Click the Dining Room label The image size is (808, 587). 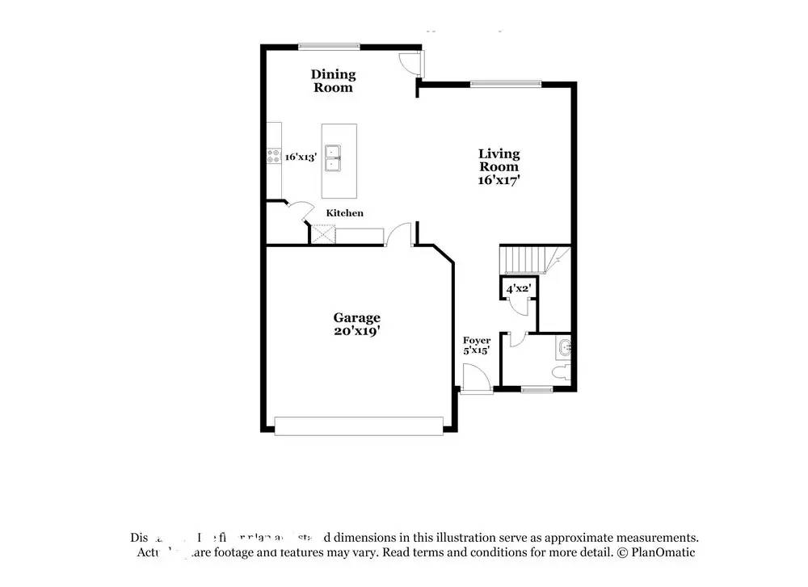(x=333, y=81)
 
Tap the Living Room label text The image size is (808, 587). (x=499, y=160)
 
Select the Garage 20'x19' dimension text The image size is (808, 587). (x=356, y=324)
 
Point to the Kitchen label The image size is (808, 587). (x=344, y=213)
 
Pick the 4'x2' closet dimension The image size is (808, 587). (x=517, y=288)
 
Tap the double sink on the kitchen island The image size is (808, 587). (x=332, y=158)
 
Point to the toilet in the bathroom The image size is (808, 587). (x=565, y=372)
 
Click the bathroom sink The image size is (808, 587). (x=564, y=349)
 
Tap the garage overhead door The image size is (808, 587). (x=359, y=426)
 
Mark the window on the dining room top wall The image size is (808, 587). (x=323, y=46)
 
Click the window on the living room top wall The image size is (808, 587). (x=506, y=83)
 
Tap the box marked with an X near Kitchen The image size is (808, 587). (x=324, y=235)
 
